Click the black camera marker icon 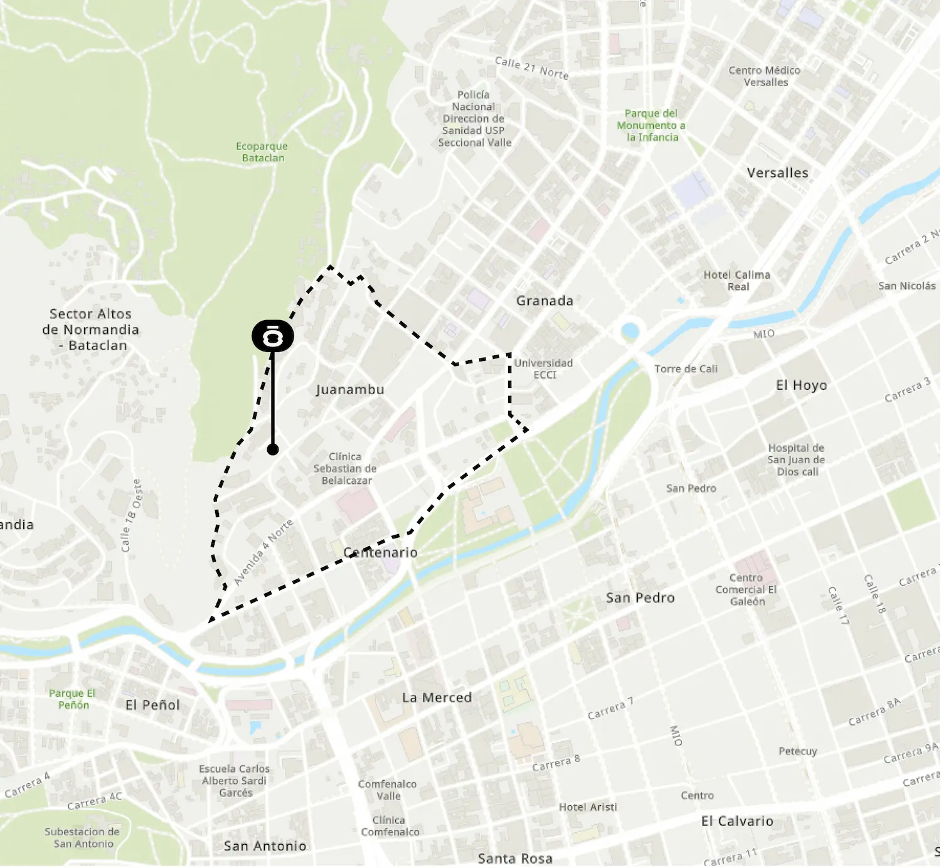click(x=273, y=336)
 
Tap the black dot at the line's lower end click(x=273, y=450)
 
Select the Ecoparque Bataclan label click(x=262, y=152)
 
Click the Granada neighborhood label click(x=545, y=301)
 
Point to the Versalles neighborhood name click(x=777, y=173)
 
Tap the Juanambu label click(x=350, y=390)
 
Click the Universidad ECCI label click(x=544, y=369)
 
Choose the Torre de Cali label click(x=686, y=369)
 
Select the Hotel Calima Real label click(x=737, y=281)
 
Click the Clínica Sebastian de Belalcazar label click(x=345, y=469)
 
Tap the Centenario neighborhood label click(x=380, y=553)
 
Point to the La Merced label click(x=437, y=698)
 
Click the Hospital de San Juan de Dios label click(x=796, y=460)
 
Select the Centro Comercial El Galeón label click(x=746, y=590)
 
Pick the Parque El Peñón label click(x=73, y=699)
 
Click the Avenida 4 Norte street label click(x=263, y=552)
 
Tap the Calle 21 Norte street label click(x=531, y=68)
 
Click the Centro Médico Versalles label click(x=765, y=77)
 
